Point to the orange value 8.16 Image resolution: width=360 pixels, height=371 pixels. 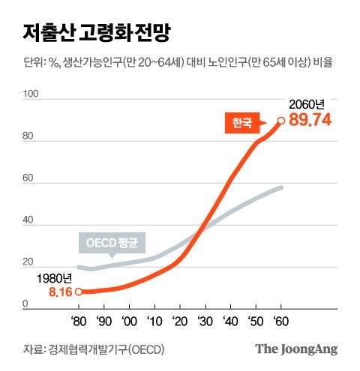tap(59, 292)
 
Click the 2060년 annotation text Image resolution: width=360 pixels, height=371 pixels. tap(307, 105)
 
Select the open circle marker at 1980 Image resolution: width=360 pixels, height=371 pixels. tap(79, 292)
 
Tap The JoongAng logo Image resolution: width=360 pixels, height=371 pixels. tap(296, 349)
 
